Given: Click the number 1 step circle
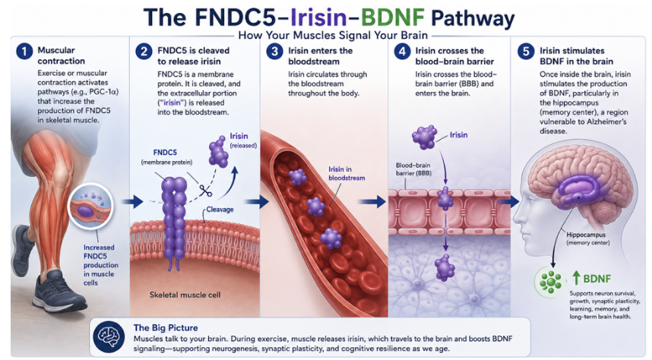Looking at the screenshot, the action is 24,52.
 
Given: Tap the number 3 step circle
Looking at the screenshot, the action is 274,52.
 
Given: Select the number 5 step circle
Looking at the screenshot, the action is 526,52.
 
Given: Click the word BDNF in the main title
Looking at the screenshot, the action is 392,17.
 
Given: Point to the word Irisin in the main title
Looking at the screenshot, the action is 318,17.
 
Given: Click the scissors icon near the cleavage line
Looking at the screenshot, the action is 205,191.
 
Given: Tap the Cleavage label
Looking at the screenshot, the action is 220,209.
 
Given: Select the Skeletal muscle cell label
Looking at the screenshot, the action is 185,295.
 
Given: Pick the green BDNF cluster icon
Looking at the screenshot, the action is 550,283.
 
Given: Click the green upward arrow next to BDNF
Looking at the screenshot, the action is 576,278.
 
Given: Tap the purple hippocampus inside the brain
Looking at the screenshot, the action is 579,187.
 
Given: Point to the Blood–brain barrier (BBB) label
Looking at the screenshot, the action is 413,169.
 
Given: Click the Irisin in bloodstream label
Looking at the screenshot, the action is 347,173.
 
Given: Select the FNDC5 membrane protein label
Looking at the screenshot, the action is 166,156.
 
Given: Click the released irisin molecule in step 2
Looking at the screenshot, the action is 218,152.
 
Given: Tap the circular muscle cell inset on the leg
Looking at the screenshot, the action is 90,206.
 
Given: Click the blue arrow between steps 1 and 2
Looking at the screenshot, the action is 132,202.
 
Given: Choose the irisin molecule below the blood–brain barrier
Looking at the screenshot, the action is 445,267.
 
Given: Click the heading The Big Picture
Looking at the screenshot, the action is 166,327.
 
